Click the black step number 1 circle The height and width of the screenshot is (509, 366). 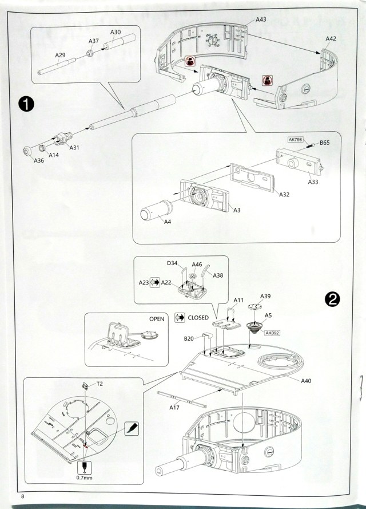click(x=26, y=104)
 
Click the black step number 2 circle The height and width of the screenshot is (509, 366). click(x=332, y=298)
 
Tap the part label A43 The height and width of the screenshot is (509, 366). click(x=261, y=19)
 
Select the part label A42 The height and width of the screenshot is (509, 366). click(x=331, y=38)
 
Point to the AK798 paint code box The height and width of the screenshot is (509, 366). click(x=296, y=139)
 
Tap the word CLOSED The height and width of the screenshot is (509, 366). click(x=198, y=317)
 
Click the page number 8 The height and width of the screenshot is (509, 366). click(x=22, y=495)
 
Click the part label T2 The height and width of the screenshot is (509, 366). click(x=100, y=384)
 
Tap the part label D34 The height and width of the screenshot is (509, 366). click(x=173, y=264)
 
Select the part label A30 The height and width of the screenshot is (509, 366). click(x=114, y=33)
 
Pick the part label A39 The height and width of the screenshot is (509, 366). click(x=265, y=296)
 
